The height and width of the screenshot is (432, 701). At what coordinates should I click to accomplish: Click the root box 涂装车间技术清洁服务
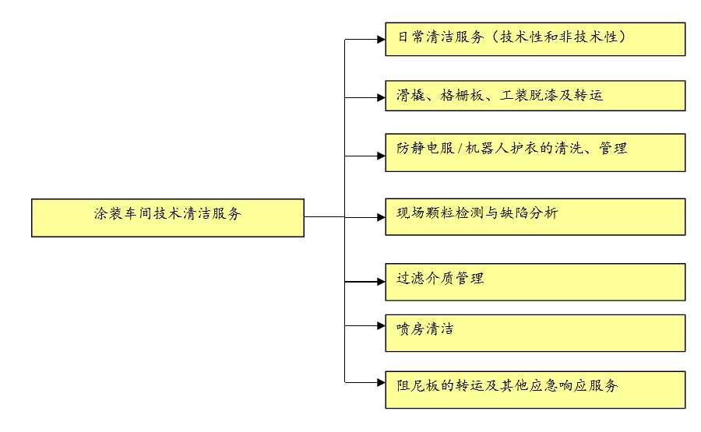(x=167, y=217)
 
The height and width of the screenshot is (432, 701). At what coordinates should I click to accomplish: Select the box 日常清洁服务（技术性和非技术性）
(x=535, y=39)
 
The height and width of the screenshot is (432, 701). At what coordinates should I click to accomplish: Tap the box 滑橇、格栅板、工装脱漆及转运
(x=535, y=96)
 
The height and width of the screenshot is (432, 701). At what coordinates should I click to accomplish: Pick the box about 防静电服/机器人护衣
(x=535, y=153)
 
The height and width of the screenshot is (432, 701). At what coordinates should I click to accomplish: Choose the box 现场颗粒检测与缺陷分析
(x=535, y=216)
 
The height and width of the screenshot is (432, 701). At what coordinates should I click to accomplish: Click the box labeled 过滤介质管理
(x=535, y=282)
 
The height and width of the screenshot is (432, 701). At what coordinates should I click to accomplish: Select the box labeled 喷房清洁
(x=535, y=332)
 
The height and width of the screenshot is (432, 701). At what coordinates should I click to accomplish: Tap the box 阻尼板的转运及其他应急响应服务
(x=535, y=389)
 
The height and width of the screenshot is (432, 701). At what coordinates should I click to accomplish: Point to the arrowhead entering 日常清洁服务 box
(x=380, y=39)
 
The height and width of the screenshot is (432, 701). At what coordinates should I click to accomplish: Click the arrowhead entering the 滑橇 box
(x=380, y=97)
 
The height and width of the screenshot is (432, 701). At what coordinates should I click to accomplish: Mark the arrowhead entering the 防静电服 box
(x=380, y=156)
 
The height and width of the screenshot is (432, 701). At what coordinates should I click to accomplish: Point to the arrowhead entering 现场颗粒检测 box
(x=380, y=218)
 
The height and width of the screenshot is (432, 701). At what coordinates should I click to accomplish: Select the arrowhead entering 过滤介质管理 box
(x=380, y=282)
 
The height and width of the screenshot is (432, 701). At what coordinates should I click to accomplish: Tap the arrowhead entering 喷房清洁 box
(x=380, y=325)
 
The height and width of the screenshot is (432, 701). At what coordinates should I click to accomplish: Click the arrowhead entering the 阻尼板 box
(x=380, y=381)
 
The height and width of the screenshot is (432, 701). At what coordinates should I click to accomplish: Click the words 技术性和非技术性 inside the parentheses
(x=563, y=37)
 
